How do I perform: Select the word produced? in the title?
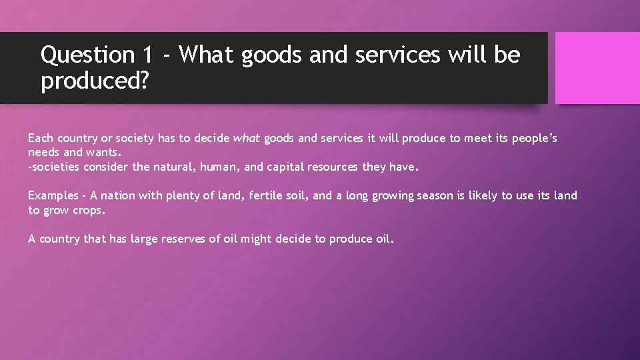[x=95, y=82]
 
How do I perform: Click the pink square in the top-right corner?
[x=597, y=68]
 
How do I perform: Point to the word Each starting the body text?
[x=40, y=139]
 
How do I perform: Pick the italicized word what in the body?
[x=246, y=139]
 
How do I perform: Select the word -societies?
[x=54, y=167]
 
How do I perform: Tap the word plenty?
[x=180, y=195]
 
